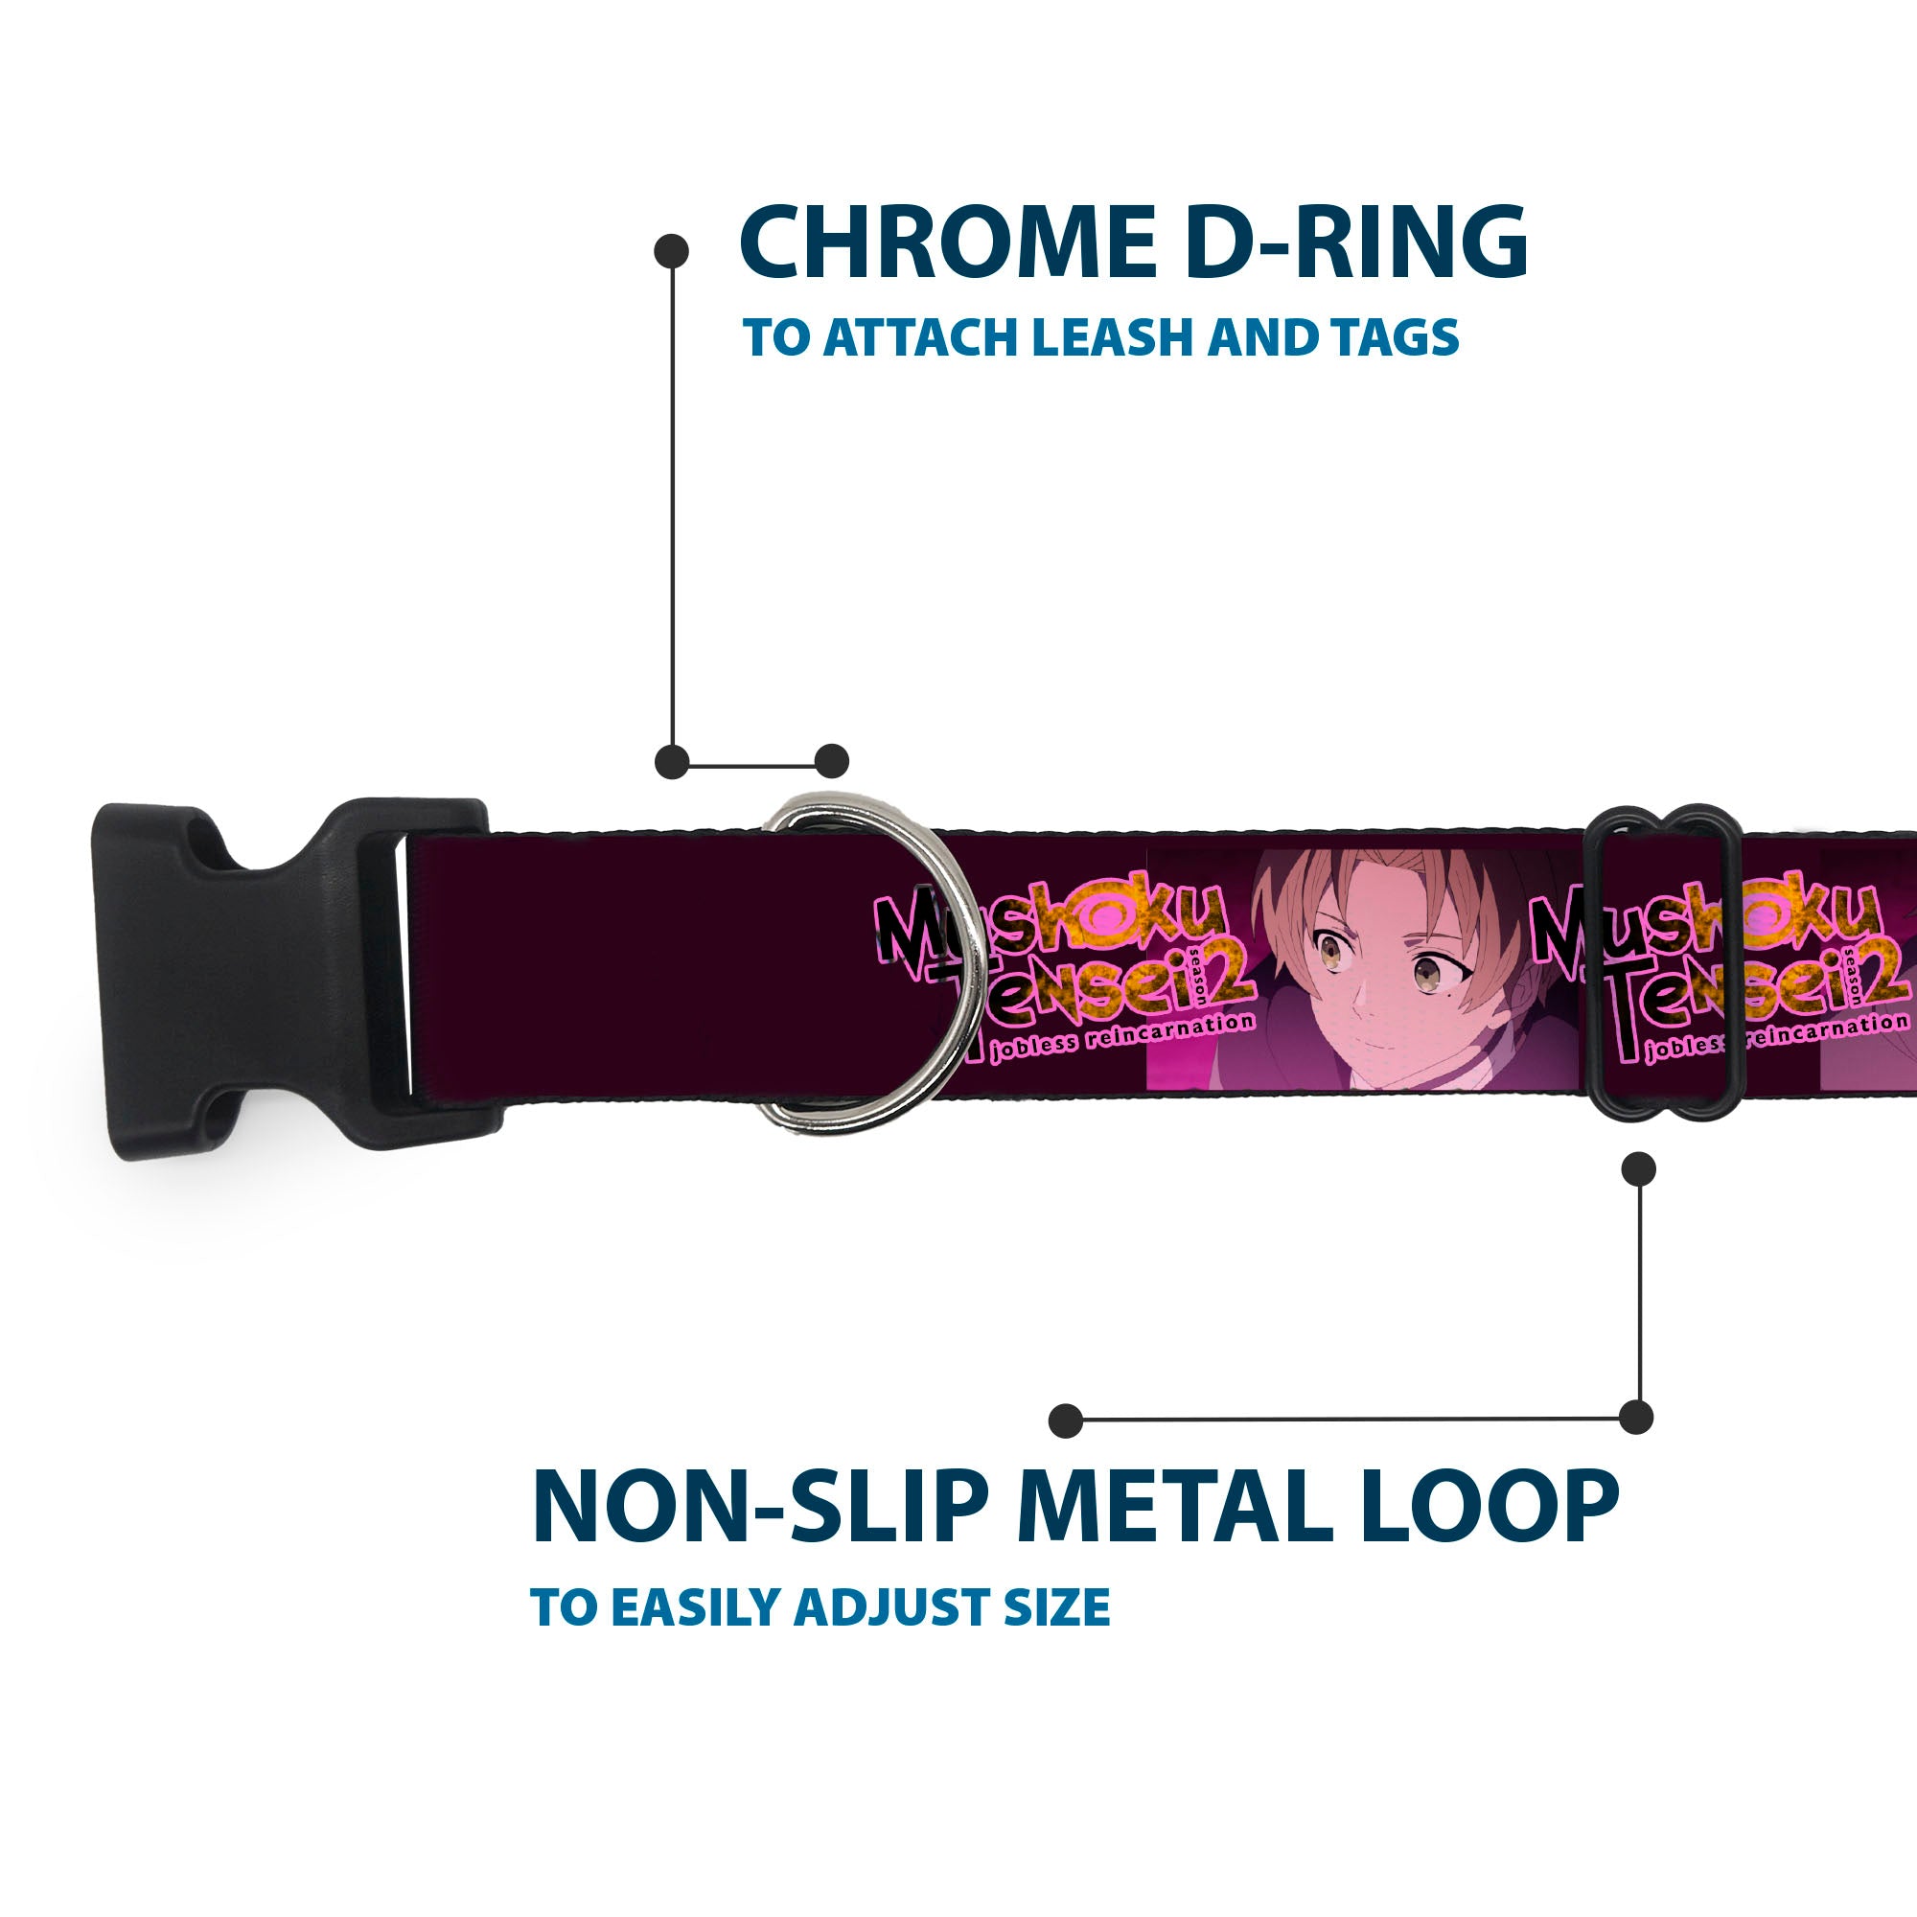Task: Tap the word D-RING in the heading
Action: [1355, 243]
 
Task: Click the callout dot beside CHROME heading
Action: [672, 251]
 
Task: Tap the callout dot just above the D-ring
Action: [831, 762]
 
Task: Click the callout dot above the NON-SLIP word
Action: [1066, 1420]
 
